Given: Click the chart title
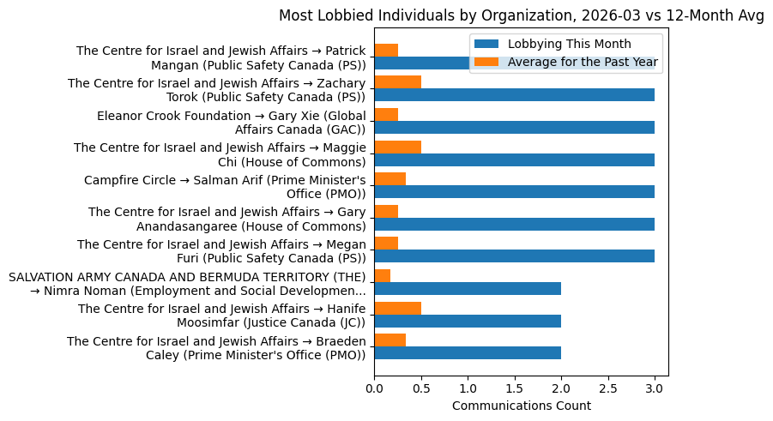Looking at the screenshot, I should click(521, 15).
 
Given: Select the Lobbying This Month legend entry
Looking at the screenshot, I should click(569, 44).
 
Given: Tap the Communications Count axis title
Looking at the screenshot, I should click(521, 406).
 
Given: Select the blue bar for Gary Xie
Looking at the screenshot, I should click(514, 128).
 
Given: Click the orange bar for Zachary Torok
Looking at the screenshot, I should click(397, 82).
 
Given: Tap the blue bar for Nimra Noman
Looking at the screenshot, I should click(468, 288).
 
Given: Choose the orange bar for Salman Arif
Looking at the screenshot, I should click(390, 178).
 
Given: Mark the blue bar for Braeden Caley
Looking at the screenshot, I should click(468, 352).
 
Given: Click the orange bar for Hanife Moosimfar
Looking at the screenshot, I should click(397, 307).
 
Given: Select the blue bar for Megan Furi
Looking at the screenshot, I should click(514, 256).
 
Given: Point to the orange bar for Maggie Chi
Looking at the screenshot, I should click(397, 147).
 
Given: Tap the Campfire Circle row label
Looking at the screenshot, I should click(225, 187).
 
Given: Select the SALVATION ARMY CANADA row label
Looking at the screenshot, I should click(187, 284).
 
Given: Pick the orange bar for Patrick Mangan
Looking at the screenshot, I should click(386, 50).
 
